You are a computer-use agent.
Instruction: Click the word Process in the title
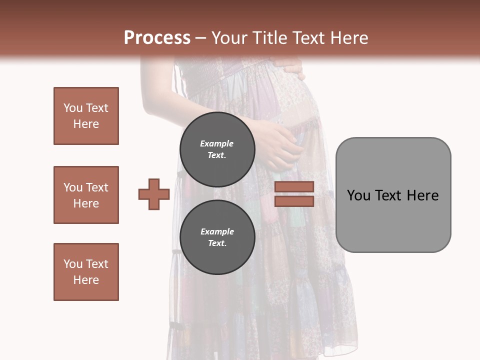(157, 37)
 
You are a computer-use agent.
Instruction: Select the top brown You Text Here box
(86, 116)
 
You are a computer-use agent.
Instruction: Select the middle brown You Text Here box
(86, 195)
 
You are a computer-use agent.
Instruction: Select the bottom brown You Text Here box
(86, 272)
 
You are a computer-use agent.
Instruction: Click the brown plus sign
(154, 194)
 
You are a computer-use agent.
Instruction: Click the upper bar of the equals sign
(294, 187)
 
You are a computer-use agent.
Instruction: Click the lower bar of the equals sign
(294, 201)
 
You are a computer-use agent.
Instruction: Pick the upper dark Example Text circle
(217, 149)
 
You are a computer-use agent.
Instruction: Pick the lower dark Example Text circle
(217, 237)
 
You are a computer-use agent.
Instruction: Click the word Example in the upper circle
(216, 143)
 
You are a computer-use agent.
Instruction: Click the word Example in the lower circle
(217, 231)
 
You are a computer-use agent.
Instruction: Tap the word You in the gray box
(358, 195)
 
